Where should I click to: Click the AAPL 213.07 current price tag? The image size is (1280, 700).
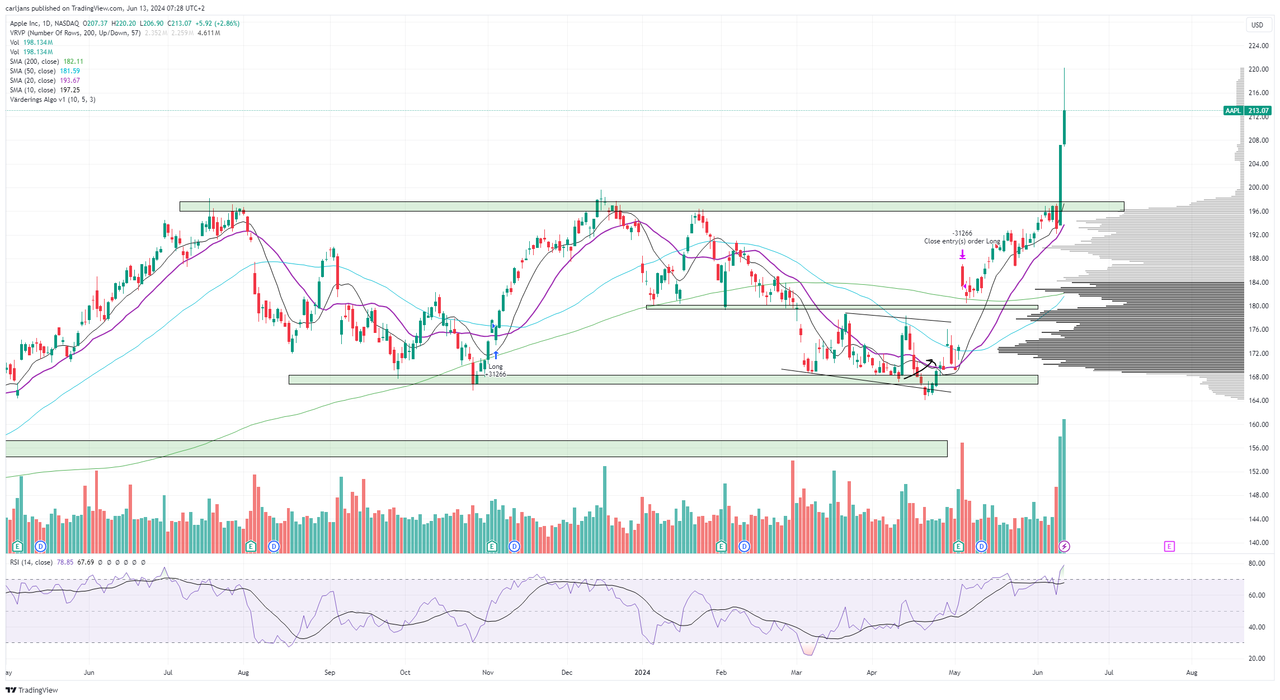tap(1247, 111)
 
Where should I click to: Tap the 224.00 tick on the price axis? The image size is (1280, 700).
tap(1258, 46)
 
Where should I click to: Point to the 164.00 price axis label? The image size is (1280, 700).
tap(1258, 401)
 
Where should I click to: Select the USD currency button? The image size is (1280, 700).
tap(1257, 25)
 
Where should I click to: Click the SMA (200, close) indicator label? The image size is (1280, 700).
tap(34, 62)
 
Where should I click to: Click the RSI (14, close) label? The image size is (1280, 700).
tap(31, 562)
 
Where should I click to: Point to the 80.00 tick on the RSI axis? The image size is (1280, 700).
tap(1257, 563)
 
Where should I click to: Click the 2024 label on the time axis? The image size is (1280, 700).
tap(642, 673)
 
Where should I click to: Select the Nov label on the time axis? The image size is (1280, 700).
tap(488, 673)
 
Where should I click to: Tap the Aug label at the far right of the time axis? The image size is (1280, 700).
tap(1192, 673)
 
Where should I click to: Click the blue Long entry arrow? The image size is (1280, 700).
tap(496, 355)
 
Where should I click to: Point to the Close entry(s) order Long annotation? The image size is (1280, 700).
tap(962, 241)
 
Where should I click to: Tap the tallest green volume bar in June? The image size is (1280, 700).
tap(1064, 486)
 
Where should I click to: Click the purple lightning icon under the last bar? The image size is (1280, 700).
tap(1064, 546)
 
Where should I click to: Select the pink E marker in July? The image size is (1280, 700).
tap(1169, 546)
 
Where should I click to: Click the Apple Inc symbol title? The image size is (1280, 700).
tap(25, 24)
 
